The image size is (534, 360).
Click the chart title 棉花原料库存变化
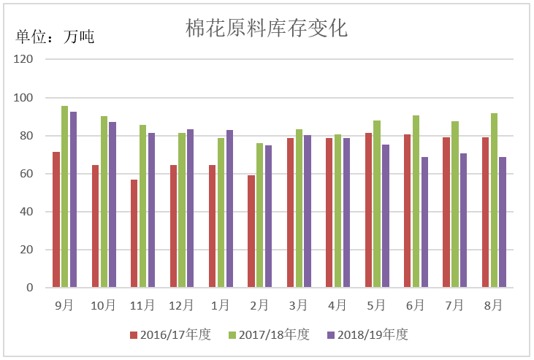coord(266,29)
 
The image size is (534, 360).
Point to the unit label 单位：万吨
coord(55,37)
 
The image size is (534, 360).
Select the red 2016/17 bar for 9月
coord(56,220)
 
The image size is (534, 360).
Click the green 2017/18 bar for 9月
coord(65,197)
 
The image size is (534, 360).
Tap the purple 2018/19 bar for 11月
coord(151,210)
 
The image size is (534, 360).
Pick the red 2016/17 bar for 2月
coord(251,231)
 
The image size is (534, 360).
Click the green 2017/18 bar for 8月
coord(494,201)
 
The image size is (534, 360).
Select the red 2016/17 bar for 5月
coord(369,210)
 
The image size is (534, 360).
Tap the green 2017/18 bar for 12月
coord(182,210)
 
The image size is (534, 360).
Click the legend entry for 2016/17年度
coord(170,334)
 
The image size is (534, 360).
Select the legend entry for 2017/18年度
coord(269,334)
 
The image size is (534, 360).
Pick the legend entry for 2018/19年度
coord(367,334)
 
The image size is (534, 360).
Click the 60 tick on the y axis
coord(27,174)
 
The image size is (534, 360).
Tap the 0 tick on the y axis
coord(30,288)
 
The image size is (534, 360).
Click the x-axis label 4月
coord(337,305)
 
